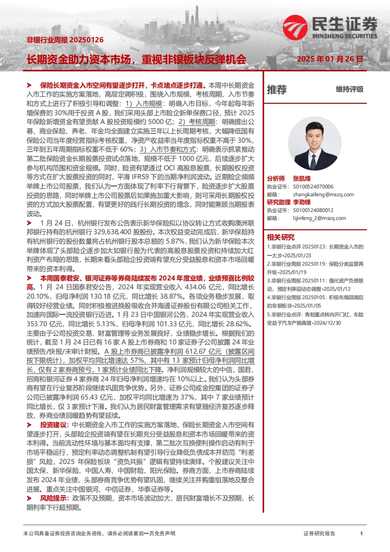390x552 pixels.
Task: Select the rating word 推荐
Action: (x=277, y=90)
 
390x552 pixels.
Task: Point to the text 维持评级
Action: (x=350, y=90)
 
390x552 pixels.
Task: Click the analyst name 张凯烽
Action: (x=302, y=179)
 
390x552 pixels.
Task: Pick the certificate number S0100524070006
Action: (x=313, y=187)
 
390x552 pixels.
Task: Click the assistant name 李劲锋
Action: (x=302, y=202)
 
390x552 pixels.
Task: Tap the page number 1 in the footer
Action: (x=361, y=533)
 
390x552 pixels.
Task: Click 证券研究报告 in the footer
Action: (x=319, y=533)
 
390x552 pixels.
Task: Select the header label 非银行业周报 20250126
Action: (x=65, y=40)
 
